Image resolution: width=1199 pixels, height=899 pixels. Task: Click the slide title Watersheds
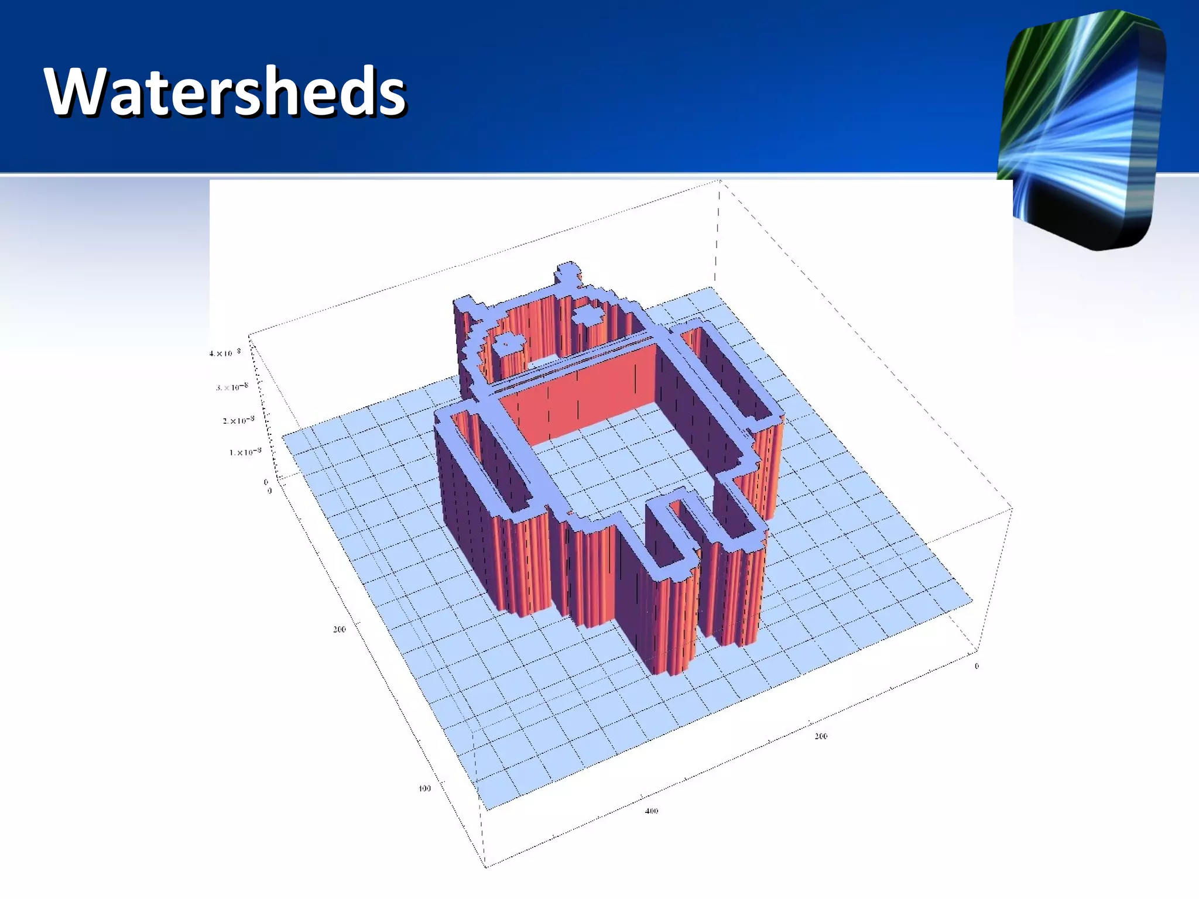pos(225,92)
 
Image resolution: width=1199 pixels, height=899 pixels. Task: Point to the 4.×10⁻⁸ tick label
pos(225,353)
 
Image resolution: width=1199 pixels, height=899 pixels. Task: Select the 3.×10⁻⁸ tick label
pos(232,387)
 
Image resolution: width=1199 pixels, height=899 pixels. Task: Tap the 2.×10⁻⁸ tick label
pos(238,420)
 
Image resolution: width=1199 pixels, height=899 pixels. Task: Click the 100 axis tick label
pos(424,788)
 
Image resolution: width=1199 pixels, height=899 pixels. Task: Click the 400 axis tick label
pos(651,811)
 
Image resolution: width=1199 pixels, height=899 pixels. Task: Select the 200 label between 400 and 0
pos(821,736)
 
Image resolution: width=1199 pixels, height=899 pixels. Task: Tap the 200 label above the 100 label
pos(339,629)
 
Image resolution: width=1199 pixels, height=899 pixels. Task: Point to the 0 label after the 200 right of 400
pos(977,666)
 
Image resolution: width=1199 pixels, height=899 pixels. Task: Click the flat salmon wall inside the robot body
pos(580,392)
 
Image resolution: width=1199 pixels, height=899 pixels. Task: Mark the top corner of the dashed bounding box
pos(720,181)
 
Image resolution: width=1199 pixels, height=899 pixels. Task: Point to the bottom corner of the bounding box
pos(485,866)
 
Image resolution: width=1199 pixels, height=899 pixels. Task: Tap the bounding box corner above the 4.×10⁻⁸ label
pos(249,336)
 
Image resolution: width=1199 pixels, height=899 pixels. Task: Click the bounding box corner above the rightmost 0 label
pos(1012,508)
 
